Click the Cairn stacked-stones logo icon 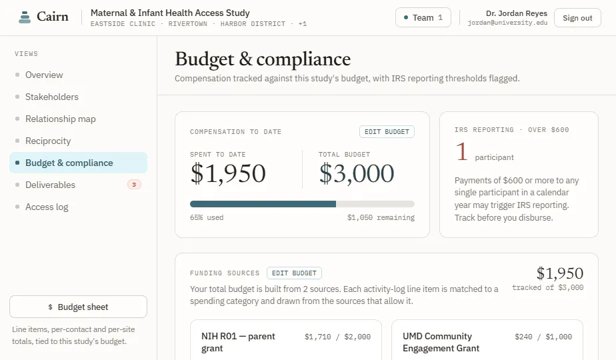pos(25,17)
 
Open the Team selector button pos(423,18)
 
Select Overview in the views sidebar pos(44,75)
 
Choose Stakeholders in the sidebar pos(52,97)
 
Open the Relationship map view pos(61,119)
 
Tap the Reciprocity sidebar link pos(48,141)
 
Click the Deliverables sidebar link pos(50,185)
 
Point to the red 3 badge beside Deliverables pos(134,185)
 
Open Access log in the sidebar pos(47,207)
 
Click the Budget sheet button pos(78,307)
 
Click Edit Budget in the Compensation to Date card pos(387,131)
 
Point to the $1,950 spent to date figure pos(228,173)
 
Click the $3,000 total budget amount pos(356,173)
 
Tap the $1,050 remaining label pos(381,217)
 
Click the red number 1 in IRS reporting pos(461,152)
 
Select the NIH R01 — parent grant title pos(238,342)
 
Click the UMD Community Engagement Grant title pos(441,342)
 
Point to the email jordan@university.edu pos(507,23)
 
